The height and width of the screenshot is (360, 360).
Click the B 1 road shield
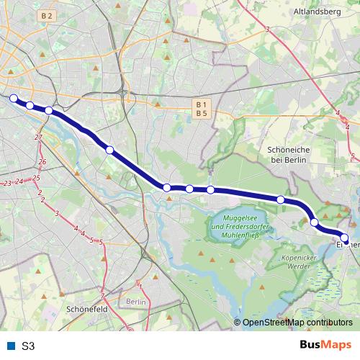coord(201,104)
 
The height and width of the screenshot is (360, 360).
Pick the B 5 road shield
coord(201,114)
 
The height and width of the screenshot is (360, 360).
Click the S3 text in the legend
coord(28,346)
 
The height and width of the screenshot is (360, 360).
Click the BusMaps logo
coord(325,346)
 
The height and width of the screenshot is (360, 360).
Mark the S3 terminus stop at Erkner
coord(345,238)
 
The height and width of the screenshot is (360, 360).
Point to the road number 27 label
coord(39,138)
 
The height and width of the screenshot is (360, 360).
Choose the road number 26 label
coord(42,162)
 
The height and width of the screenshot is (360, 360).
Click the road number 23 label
coord(6,184)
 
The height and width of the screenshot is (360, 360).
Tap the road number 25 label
coord(36,178)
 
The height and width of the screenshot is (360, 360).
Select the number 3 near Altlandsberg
coord(266,30)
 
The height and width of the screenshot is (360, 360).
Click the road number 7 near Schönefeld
coord(103,295)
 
